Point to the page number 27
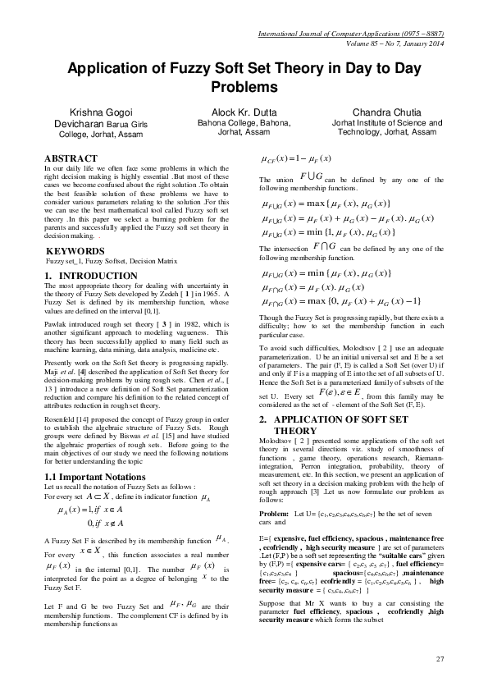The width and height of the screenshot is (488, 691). [x=439, y=658]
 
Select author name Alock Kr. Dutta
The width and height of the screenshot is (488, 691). [x=239, y=111]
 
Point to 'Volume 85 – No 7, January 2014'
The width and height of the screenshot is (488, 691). [x=385, y=43]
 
